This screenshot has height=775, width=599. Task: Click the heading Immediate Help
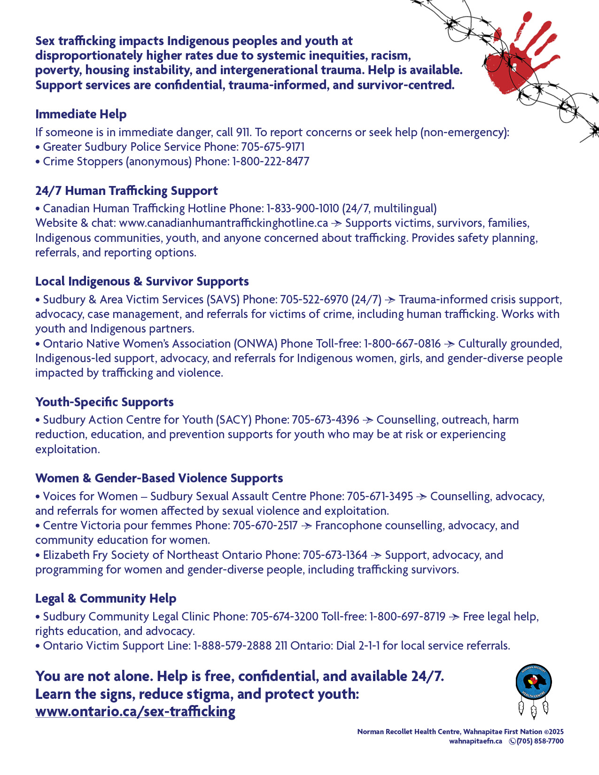coord(81,114)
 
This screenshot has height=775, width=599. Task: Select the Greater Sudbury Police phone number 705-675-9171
coord(273,147)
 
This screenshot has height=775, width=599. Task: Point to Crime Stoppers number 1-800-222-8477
coord(271,161)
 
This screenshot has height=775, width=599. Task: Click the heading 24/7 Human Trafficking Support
coord(126,191)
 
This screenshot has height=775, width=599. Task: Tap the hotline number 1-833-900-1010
coord(303,208)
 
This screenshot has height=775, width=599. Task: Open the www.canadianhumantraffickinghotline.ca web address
coord(223,223)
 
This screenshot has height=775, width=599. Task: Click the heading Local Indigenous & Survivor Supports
coord(142,281)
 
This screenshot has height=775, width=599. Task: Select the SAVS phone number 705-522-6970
coord(314,299)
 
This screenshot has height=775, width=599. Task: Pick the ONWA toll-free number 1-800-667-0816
coord(402,343)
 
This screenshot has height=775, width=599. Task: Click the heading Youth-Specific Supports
coord(104,402)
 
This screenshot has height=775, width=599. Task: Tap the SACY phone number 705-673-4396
coord(325,419)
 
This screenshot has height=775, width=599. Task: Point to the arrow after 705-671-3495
coord(421,496)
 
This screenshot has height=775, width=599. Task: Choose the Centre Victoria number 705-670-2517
coord(265,525)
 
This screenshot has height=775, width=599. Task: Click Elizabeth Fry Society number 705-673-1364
coord(335,555)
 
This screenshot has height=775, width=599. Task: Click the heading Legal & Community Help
coord(106,598)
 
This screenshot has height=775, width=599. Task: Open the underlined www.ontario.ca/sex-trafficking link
coord(135,712)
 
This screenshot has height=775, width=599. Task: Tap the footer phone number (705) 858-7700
coord(540,741)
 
